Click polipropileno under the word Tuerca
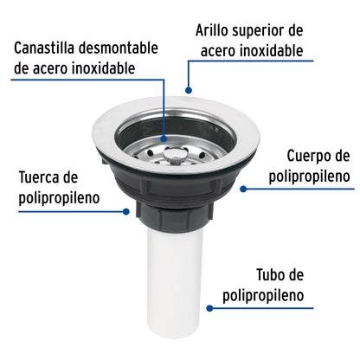click(x=59, y=198)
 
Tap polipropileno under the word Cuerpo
click(x=307, y=177)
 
